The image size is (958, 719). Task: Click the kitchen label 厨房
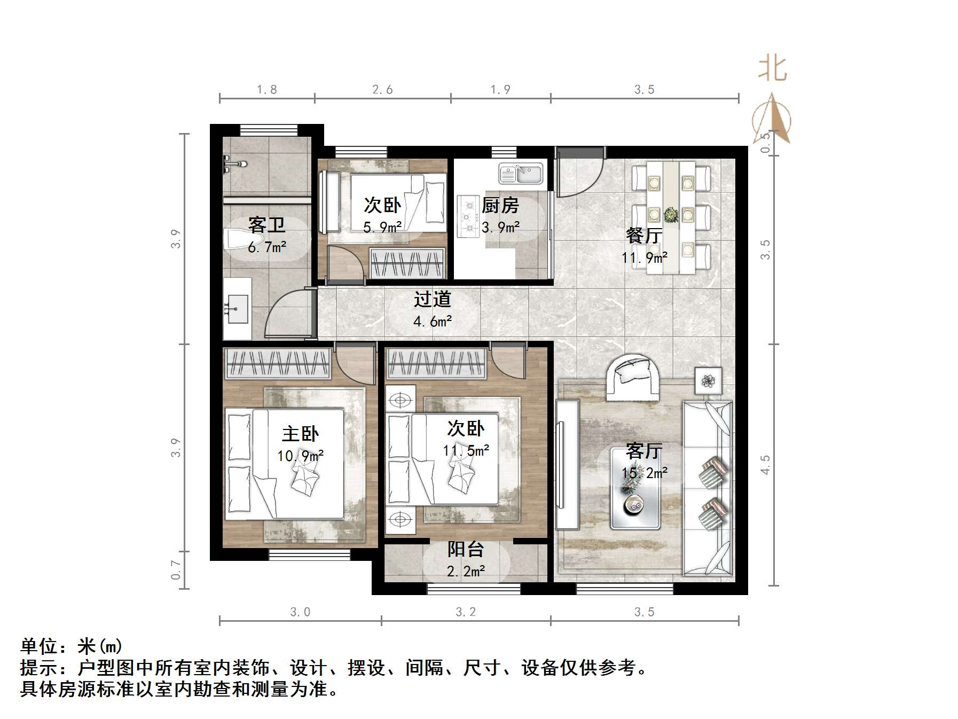point(500,206)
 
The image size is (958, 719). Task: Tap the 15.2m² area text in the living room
point(644,473)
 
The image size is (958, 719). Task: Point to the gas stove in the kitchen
point(469,217)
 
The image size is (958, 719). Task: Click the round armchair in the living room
point(633,377)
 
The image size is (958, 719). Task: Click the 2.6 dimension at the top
point(382,90)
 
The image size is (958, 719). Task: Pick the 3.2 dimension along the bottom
point(465,612)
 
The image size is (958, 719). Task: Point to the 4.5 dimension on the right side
point(765,464)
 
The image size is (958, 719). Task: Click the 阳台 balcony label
point(465,549)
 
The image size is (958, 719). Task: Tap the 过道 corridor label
point(432,300)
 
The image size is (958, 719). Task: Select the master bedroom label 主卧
point(300,434)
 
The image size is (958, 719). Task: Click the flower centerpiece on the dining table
point(671,215)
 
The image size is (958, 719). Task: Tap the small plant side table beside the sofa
point(708,380)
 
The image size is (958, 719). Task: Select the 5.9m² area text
point(382,228)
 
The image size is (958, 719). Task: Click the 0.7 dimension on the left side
point(176,569)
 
